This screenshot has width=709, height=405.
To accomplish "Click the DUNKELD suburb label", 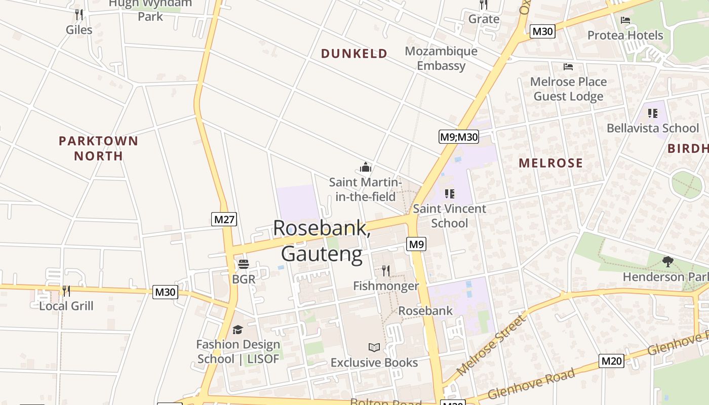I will [x=354, y=53].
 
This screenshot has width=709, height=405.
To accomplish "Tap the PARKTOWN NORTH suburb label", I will [x=98, y=148].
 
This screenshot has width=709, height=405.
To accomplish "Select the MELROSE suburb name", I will [x=550, y=163].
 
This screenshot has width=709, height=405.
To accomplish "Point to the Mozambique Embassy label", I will [x=441, y=58].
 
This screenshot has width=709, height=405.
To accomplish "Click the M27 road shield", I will [x=224, y=219].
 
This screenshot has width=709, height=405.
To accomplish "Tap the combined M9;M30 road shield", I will [x=458, y=136].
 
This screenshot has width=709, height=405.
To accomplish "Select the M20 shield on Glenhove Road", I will [x=611, y=361].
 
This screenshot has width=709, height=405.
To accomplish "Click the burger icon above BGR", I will [x=244, y=264].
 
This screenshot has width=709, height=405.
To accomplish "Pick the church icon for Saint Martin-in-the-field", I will [x=366, y=167].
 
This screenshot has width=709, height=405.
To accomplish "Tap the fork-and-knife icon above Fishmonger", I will [x=386, y=271].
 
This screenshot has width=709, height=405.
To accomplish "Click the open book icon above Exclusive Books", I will [x=374, y=347].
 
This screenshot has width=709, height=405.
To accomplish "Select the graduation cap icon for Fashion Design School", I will [x=238, y=330].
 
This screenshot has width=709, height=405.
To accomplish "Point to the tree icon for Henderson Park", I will [x=667, y=262].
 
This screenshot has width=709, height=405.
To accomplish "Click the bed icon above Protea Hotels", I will [x=625, y=20].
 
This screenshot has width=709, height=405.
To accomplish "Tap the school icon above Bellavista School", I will [x=652, y=113].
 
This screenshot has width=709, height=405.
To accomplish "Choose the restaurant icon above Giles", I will [x=79, y=14].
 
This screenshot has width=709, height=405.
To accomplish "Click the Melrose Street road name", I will [x=490, y=345].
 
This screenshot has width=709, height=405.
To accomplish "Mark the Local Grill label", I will [x=66, y=306].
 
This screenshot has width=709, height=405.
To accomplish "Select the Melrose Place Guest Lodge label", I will [x=568, y=89].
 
